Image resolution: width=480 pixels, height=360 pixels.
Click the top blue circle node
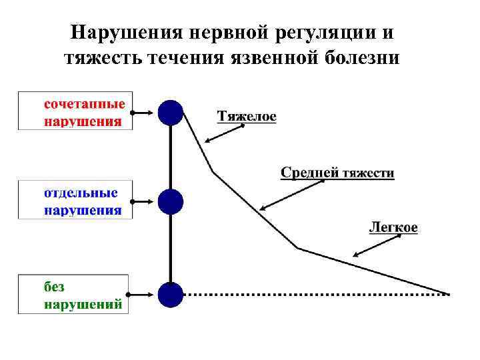tap(171, 113)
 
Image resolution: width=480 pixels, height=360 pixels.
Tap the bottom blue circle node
tap(171, 294)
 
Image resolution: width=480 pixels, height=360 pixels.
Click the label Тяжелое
tap(247, 117)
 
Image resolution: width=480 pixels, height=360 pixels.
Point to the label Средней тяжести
tap(337, 173)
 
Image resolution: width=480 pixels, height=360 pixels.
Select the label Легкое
tap(393, 227)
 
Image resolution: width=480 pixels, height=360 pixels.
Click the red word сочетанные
tap(85, 105)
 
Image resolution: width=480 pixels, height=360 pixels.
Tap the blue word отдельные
tap(81, 193)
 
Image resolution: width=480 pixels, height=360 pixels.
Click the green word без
tap(55, 287)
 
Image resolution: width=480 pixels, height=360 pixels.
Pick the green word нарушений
tap(83, 305)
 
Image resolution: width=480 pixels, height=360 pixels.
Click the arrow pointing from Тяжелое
tap(222, 133)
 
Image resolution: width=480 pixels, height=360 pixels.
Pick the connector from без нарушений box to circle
tap(144, 294)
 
